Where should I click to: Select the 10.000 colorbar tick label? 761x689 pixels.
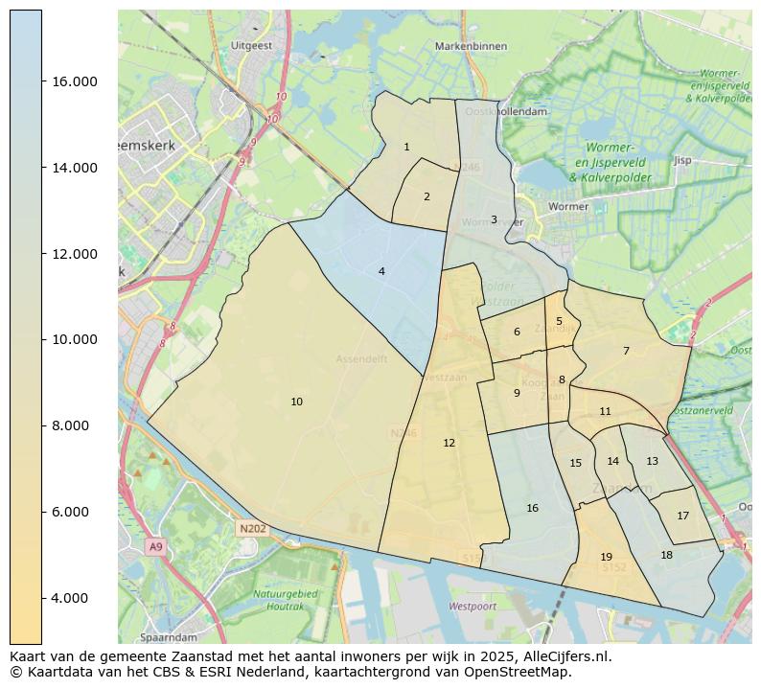[75, 339]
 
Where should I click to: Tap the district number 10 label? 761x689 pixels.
[297, 402]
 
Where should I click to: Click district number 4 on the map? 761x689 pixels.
[381, 271]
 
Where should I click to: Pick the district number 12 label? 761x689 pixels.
[449, 443]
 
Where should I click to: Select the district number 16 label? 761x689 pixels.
[532, 508]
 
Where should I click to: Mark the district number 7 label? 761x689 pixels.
[626, 351]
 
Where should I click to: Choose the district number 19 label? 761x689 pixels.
[606, 557]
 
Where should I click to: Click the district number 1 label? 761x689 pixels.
[406, 147]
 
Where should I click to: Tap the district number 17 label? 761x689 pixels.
[682, 516]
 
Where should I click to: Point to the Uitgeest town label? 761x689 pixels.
[251, 45]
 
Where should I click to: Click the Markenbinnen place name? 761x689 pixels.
[469, 45]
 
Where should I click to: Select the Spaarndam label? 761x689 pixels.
[168, 636]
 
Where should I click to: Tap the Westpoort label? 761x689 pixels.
[473, 607]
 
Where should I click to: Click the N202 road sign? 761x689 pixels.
[253, 528]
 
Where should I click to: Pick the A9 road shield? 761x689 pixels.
[155, 546]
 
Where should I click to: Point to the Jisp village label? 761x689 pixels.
[682, 160]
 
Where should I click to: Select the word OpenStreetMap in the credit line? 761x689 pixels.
[526, 672]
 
